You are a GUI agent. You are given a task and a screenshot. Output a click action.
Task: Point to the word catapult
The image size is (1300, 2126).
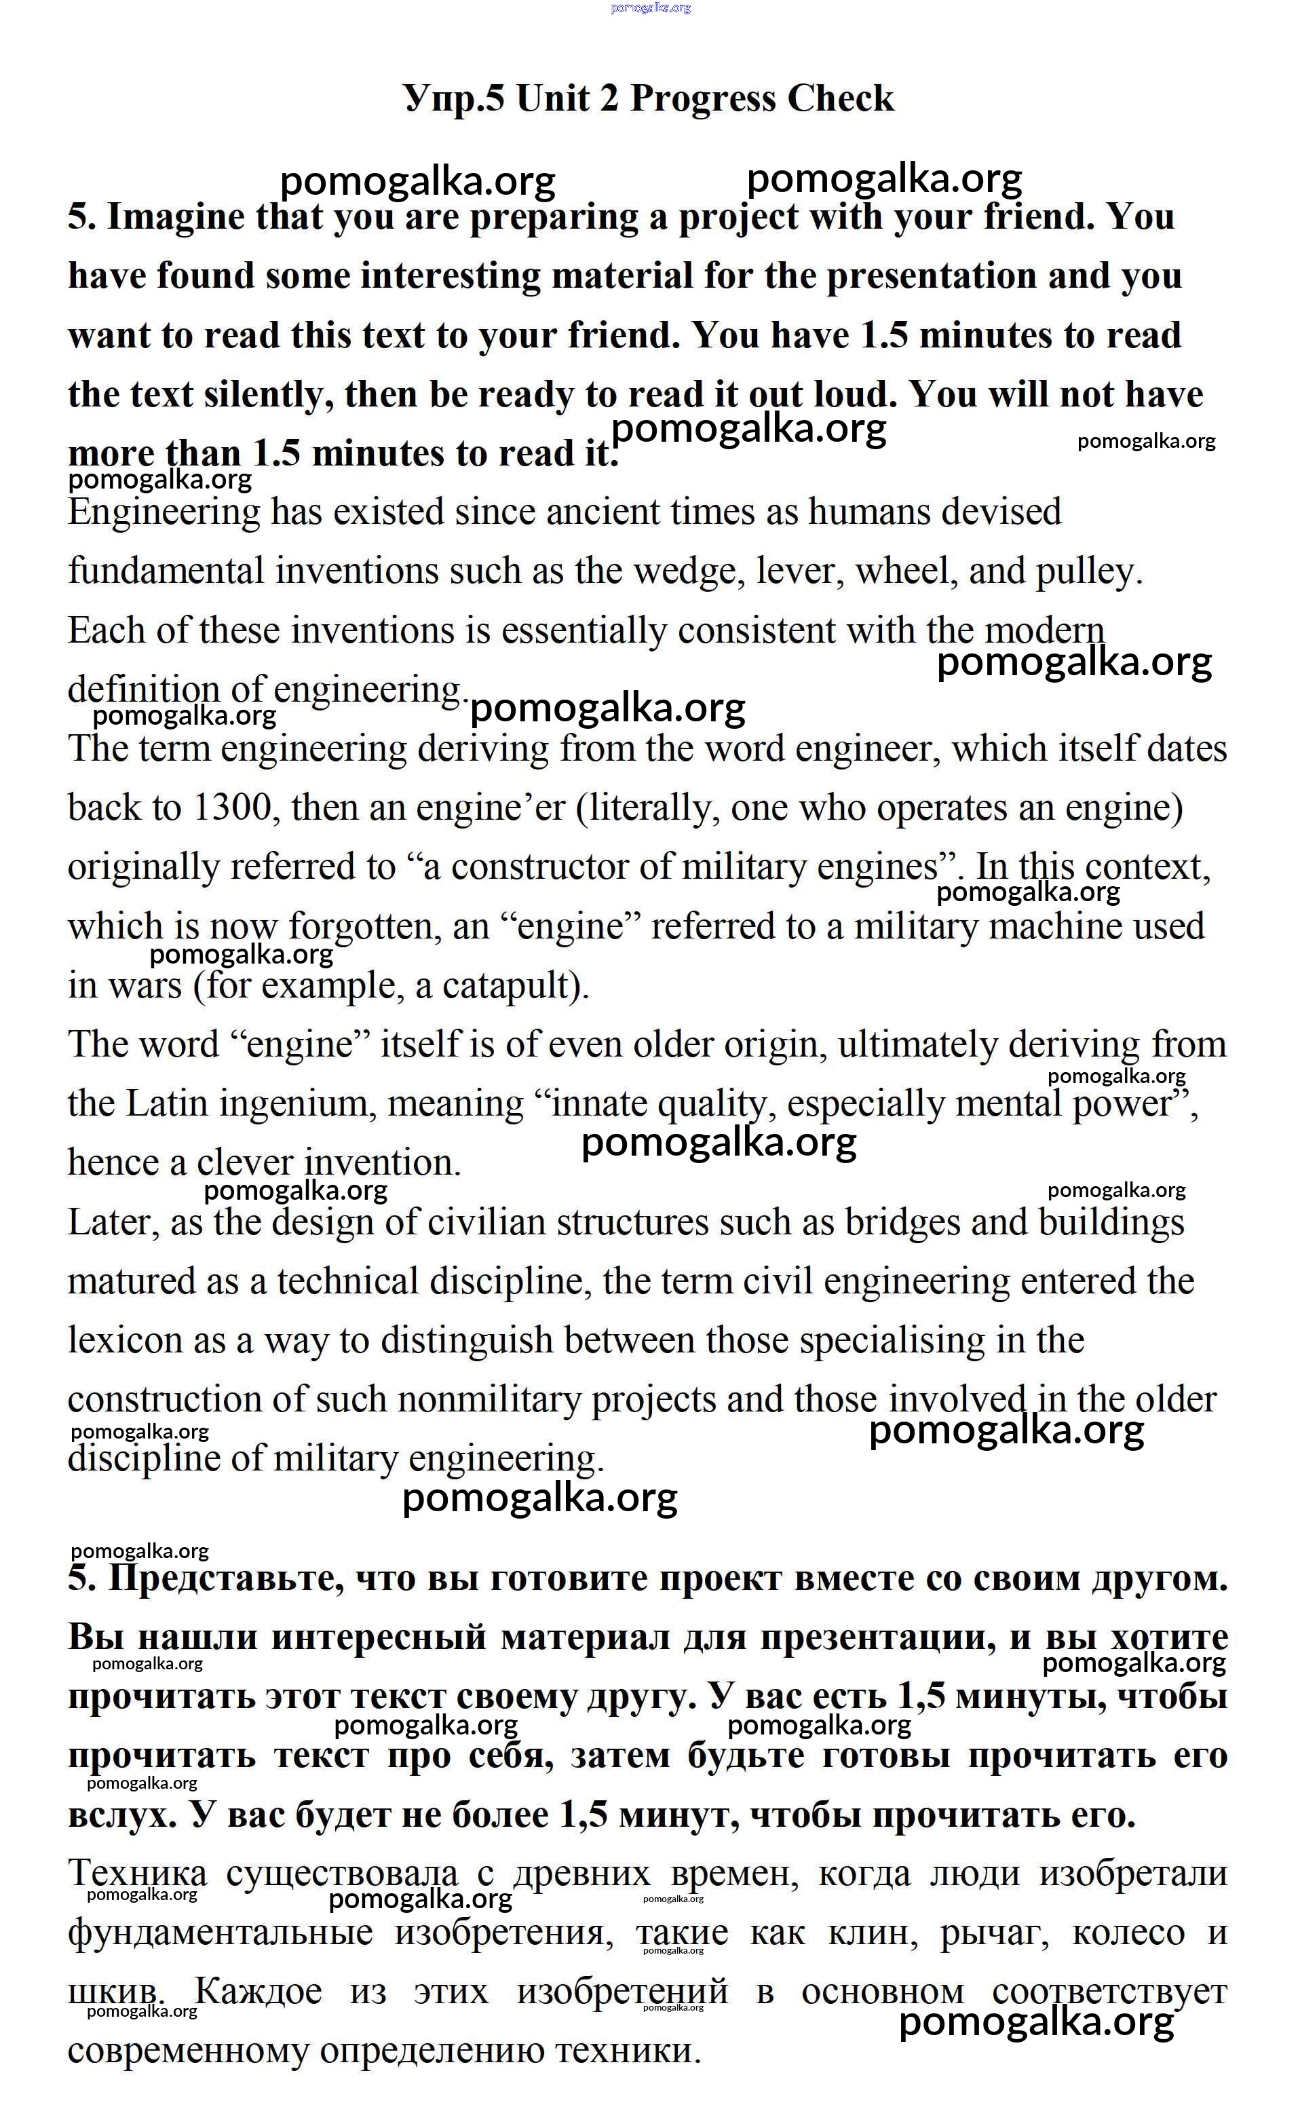[509, 986]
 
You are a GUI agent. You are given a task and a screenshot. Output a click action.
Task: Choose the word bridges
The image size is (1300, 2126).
[902, 1223]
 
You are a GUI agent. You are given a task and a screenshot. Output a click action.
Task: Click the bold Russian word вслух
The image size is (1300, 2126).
[121, 1815]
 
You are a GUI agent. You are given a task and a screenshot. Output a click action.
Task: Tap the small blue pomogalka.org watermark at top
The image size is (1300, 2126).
[651, 7]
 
